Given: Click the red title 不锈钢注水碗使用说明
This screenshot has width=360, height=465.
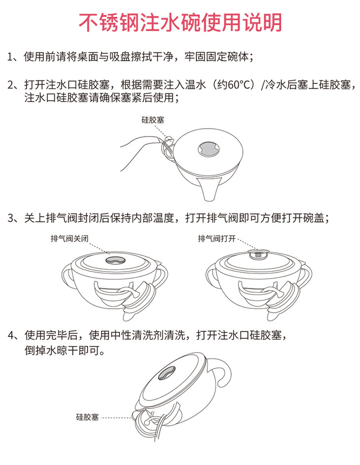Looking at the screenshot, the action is (180, 23).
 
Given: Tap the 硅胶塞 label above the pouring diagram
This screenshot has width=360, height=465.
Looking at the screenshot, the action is (153, 120).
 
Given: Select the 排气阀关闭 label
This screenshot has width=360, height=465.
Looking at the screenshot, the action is (70, 239).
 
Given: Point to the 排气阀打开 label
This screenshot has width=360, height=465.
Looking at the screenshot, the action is (217, 239).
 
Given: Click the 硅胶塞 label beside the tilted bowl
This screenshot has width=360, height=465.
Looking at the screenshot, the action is (87, 417).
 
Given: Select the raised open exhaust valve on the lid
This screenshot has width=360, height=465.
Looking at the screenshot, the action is (258, 252).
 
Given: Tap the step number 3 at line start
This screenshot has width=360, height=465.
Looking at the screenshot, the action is (11, 218).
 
